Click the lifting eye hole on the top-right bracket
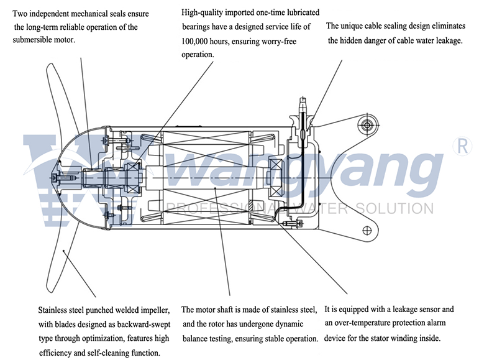pyautogui.click(x=368, y=126)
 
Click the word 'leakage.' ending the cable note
pyautogui.click(x=447, y=40)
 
